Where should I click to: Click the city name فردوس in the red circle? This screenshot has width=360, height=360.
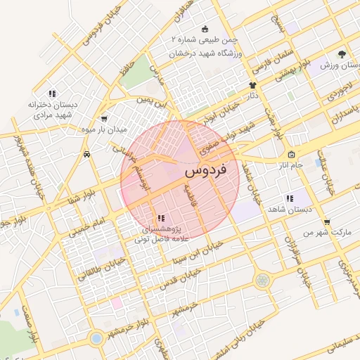205,170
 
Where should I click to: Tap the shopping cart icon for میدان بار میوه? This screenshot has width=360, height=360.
105,119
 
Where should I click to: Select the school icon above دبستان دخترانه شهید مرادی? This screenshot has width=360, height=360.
51,94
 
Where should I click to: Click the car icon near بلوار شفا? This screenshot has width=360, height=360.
86,155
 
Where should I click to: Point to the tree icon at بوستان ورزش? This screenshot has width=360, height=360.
342,53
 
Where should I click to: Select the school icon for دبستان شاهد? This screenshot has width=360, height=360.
289,198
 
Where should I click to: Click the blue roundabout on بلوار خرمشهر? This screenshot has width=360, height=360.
96,338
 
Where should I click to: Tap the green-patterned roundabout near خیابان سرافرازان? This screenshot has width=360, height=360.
262,280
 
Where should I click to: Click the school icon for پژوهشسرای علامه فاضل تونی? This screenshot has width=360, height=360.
160,219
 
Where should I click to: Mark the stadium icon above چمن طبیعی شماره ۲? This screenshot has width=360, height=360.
205,29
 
